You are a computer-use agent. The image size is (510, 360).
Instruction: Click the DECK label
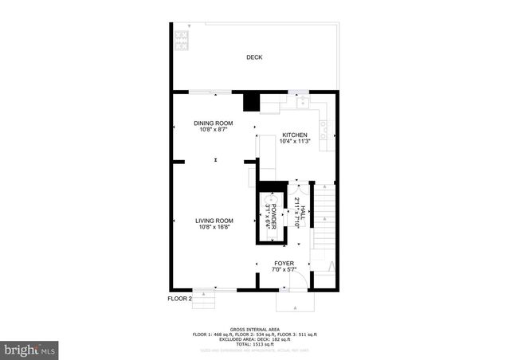254,57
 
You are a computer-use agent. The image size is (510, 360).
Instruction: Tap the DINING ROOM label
215,123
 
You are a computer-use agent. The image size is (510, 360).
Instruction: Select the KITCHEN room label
294,135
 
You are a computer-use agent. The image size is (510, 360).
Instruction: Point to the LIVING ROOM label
215,221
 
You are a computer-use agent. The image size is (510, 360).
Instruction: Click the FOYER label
284,263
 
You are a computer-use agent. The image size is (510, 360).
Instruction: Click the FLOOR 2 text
179,299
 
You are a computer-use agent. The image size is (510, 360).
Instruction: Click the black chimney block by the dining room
251,102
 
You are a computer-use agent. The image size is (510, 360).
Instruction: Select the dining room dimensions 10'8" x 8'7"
215,130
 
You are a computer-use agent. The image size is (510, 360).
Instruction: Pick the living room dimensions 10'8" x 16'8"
215,228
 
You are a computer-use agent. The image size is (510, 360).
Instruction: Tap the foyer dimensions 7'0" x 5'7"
284,270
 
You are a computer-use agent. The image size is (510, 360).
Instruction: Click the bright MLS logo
30,350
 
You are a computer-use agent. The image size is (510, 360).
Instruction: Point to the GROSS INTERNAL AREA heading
254,329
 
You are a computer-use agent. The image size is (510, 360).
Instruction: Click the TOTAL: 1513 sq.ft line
254,343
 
